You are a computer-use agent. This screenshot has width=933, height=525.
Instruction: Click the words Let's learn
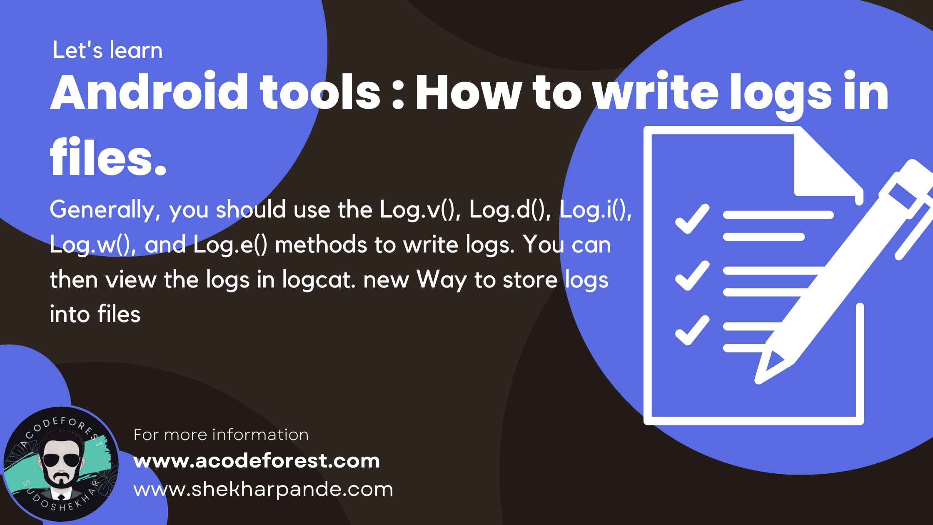click(x=107, y=50)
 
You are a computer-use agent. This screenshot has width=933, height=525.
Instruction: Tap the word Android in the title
click(x=149, y=92)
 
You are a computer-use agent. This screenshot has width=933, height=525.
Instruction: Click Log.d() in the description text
click(x=510, y=210)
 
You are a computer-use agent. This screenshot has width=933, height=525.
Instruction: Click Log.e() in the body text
click(x=230, y=245)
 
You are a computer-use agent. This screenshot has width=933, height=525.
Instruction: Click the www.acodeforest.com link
click(x=257, y=461)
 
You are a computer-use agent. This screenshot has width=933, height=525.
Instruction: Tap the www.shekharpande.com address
click(x=263, y=489)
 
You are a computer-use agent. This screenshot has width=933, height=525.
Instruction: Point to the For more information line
click(x=221, y=435)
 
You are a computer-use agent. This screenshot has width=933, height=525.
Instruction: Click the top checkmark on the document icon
click(x=692, y=219)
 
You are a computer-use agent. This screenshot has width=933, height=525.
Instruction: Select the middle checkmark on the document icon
click(x=692, y=276)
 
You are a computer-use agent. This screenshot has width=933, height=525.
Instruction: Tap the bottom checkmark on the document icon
click(x=692, y=331)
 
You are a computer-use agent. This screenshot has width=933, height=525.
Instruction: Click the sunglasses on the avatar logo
click(x=61, y=460)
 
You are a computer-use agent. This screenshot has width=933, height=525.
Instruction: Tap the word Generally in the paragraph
click(x=102, y=210)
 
